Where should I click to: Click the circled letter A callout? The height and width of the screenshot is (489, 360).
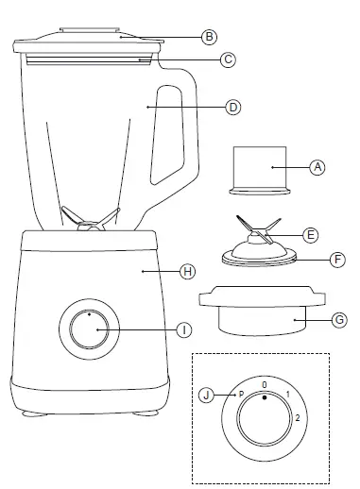(x=318, y=166)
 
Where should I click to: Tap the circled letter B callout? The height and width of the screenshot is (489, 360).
(x=210, y=38)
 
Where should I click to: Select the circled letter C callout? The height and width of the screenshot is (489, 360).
(x=227, y=59)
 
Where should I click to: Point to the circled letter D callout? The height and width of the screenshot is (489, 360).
(x=233, y=108)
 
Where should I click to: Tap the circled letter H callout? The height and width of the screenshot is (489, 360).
(x=187, y=271)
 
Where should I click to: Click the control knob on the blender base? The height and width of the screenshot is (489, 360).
(x=87, y=330)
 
